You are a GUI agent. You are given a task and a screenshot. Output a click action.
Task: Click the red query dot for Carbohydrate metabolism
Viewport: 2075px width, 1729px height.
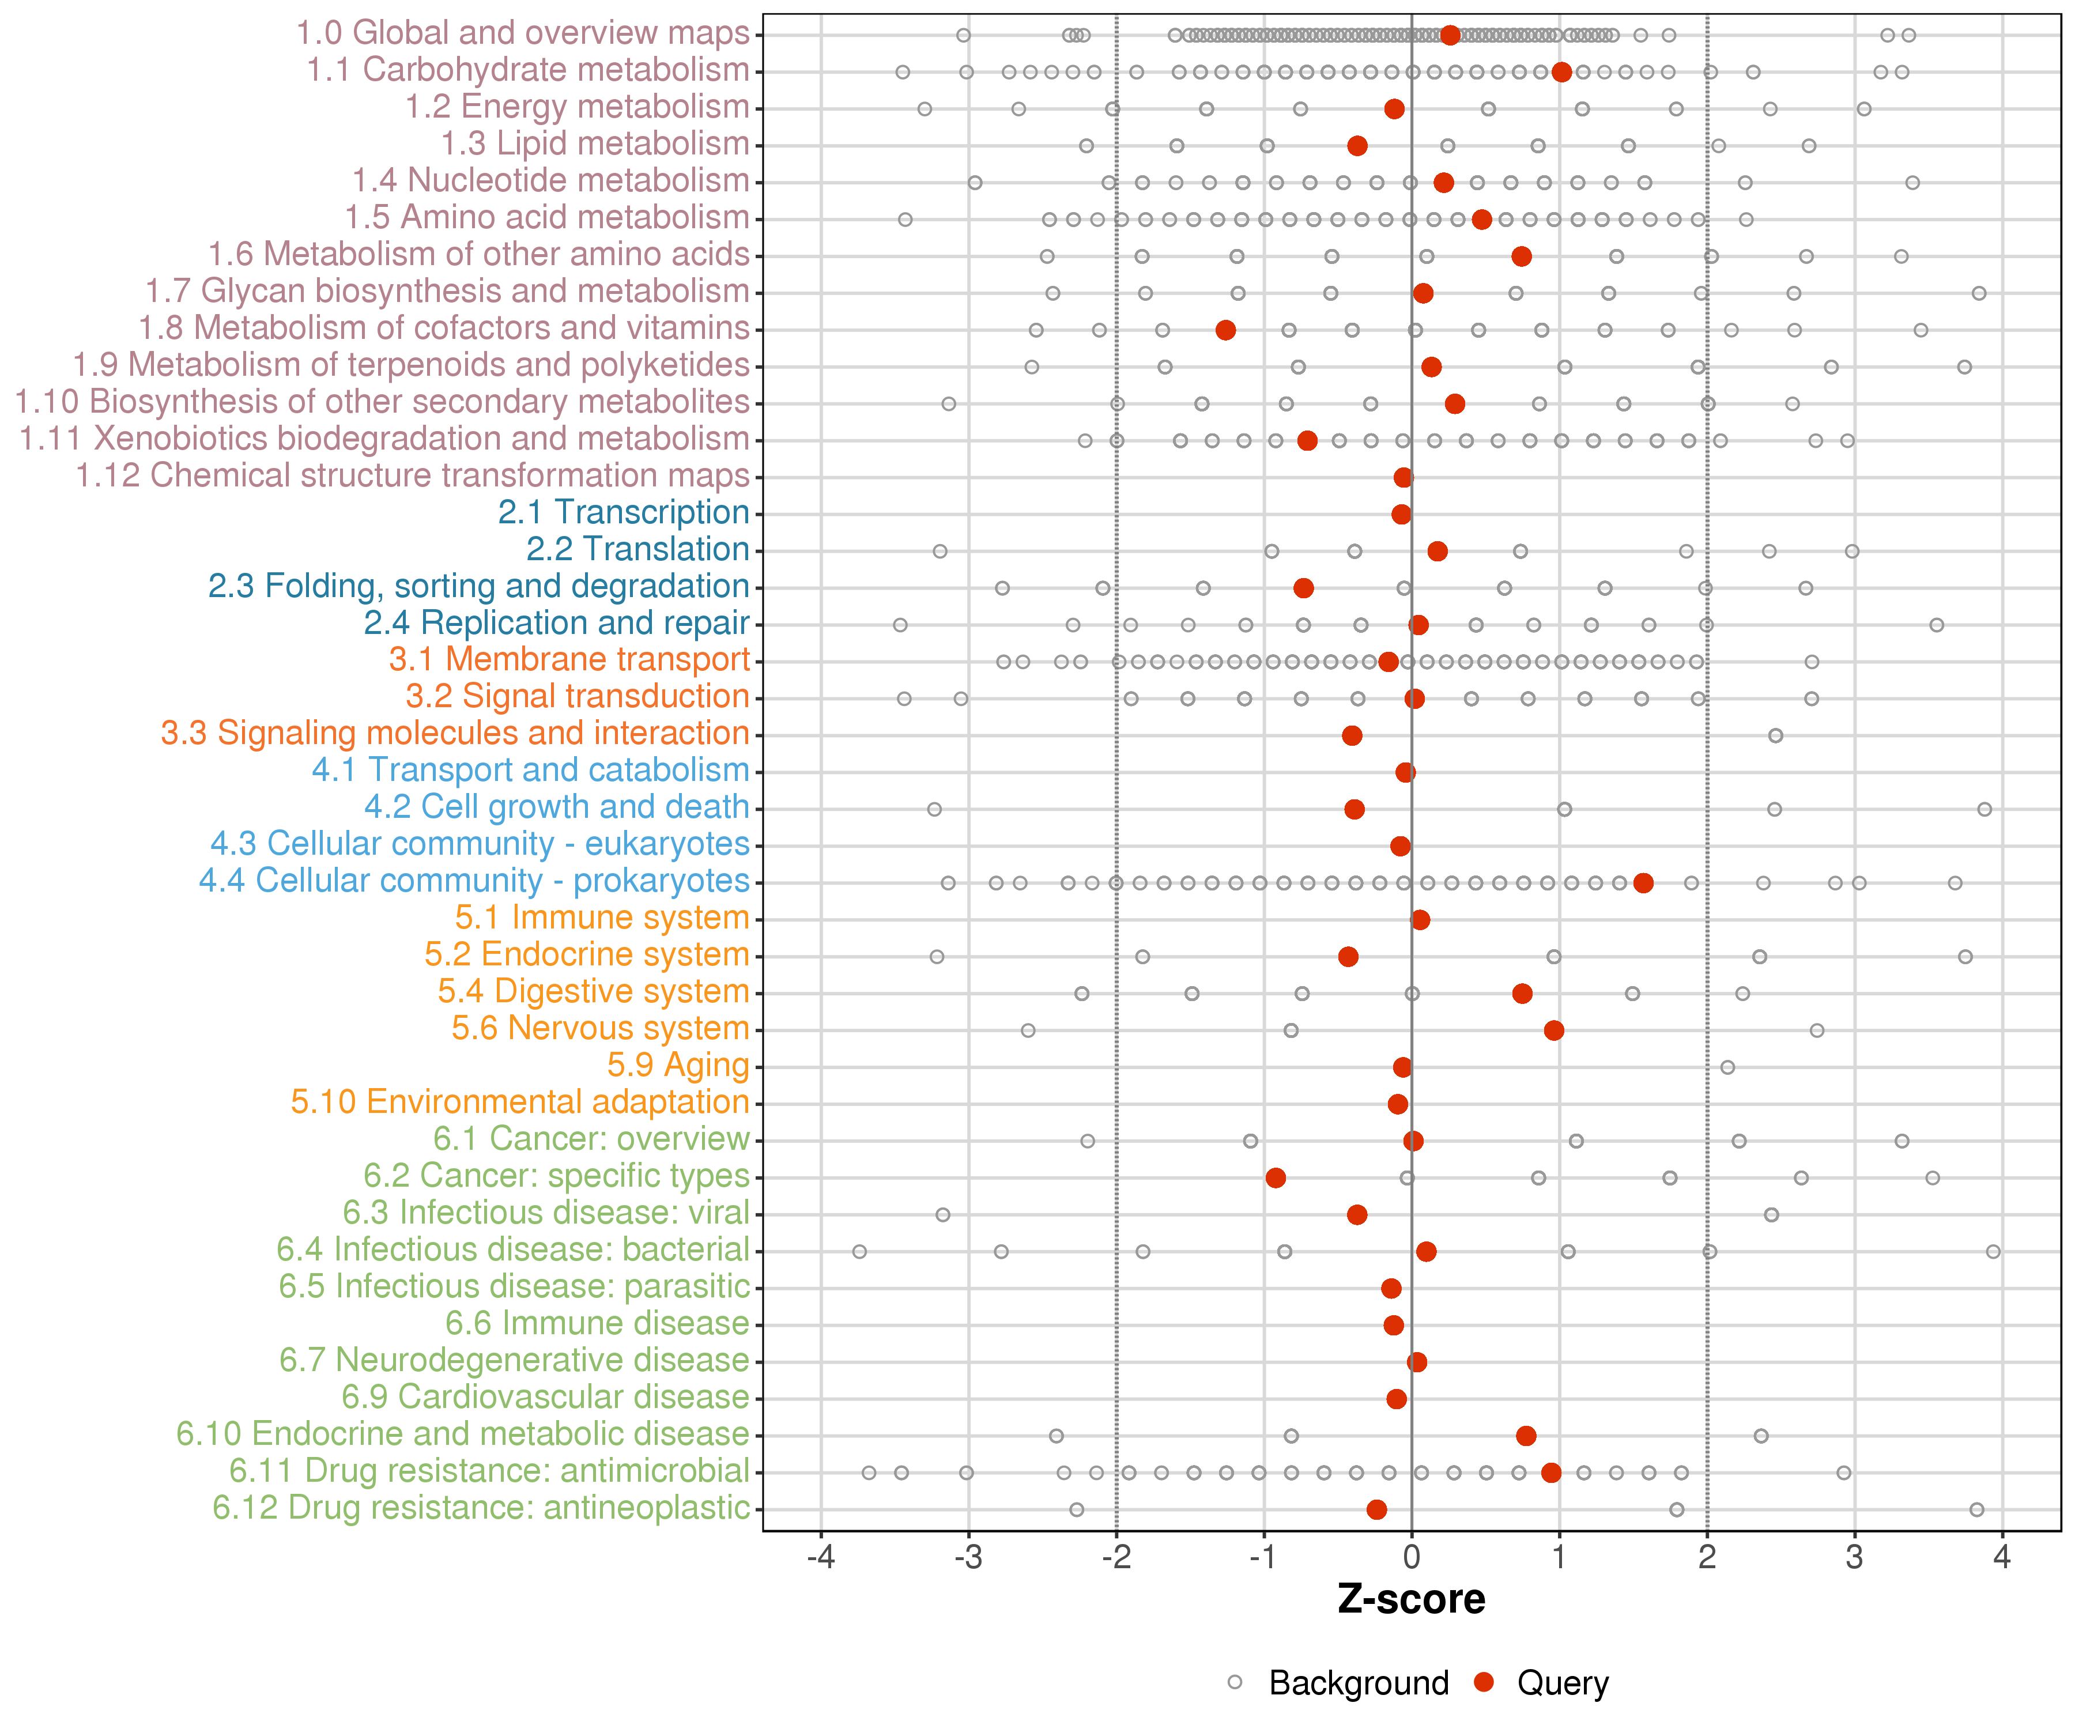coord(1561,72)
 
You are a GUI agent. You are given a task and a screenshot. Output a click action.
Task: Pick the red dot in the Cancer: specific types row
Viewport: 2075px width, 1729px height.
coord(1276,1177)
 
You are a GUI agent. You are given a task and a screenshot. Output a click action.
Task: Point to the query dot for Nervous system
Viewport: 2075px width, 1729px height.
coord(1553,1030)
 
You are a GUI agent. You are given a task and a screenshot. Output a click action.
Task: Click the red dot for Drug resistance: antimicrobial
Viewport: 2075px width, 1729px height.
coord(1551,1472)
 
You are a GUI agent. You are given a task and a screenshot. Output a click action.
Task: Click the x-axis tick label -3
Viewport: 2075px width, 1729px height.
coord(968,1558)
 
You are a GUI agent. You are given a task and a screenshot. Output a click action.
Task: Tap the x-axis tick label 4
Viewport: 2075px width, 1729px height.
coord(2002,1558)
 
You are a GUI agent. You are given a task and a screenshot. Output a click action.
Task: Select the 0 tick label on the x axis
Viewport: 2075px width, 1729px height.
coord(1411,1558)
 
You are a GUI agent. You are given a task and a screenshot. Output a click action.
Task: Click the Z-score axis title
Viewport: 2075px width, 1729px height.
coord(1411,1599)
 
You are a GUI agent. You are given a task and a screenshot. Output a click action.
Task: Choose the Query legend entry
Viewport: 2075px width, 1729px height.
coord(1562,1682)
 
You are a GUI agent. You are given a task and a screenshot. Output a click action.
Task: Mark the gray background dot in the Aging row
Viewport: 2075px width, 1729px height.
coord(1727,1067)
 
